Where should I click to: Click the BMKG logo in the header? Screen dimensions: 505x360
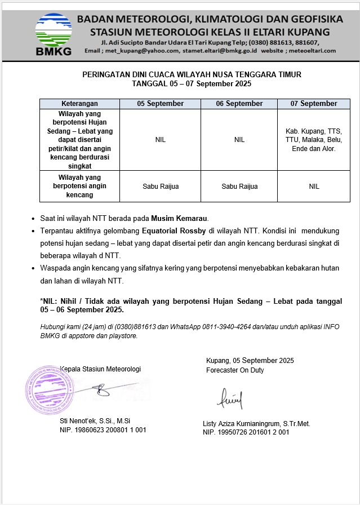click(54, 34)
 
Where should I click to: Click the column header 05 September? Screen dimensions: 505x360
click(160, 104)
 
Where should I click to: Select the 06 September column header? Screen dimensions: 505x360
click(239, 104)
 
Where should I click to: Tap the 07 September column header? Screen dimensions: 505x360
click(314, 104)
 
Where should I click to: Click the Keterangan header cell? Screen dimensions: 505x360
click(79, 104)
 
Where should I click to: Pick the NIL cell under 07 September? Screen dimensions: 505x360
click(314, 187)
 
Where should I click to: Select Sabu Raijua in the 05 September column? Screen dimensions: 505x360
click(160, 187)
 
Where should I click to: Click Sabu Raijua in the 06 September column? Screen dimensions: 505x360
click(239, 187)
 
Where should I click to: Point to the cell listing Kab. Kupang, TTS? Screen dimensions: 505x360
click(314, 140)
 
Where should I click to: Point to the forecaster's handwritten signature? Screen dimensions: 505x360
click(230, 399)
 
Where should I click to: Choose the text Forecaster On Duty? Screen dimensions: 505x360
click(235, 370)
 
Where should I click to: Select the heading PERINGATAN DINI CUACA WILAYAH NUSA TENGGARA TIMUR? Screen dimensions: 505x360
click(192, 74)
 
